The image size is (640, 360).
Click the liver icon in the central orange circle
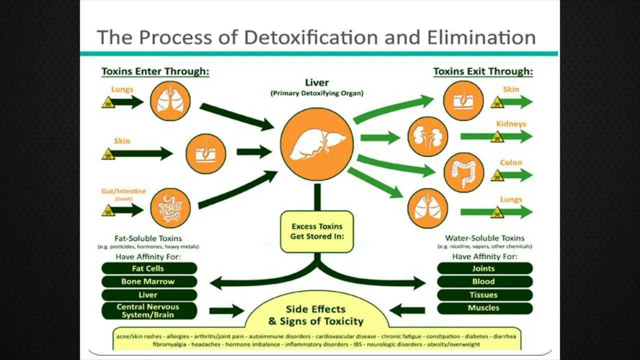coord(316,144)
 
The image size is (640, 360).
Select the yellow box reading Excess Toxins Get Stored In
coord(317,231)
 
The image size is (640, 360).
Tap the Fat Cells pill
coord(148,268)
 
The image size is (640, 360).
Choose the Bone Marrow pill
coord(148,281)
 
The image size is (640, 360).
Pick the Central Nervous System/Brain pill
coord(148,310)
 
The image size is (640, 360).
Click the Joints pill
coord(484,268)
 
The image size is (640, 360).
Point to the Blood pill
coord(484,281)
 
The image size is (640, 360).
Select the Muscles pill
coord(484,308)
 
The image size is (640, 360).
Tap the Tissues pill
coord(484,295)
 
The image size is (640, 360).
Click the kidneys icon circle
coord(428,136)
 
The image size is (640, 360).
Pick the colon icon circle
coord(463,172)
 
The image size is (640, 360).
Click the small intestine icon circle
coord(170,208)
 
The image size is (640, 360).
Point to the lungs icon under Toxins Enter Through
coord(170,101)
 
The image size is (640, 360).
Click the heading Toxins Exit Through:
coord(483,71)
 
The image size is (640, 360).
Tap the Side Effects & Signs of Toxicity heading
coord(315,315)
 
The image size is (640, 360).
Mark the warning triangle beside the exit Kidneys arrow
coord(497,137)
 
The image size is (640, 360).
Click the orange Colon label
coord(511,162)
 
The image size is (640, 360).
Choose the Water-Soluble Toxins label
coord(484,238)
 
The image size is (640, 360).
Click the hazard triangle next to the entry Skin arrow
coord(108,154)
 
